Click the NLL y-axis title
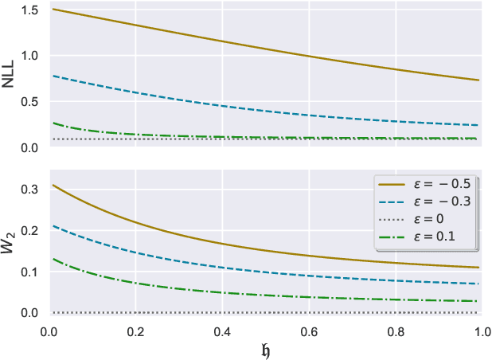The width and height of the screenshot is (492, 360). click(10, 78)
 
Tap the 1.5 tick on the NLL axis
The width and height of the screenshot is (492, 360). click(32, 10)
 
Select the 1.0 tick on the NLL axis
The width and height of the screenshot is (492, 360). click(32, 56)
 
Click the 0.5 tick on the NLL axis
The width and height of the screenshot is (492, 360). click(32, 102)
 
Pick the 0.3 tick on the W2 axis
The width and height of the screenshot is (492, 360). click(32, 189)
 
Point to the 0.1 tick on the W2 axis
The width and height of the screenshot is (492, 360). click(32, 272)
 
